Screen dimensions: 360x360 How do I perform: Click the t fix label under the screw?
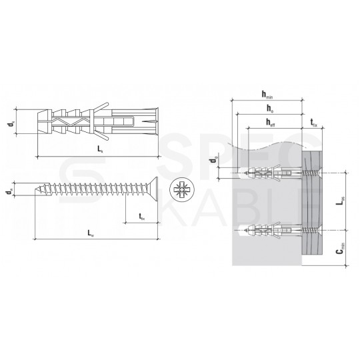[x=142, y=216]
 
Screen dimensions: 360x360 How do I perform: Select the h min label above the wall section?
[x=267, y=95]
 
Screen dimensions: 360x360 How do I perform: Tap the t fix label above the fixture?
[x=313, y=121]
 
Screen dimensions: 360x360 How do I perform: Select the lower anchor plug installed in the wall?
[x=267, y=231]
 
